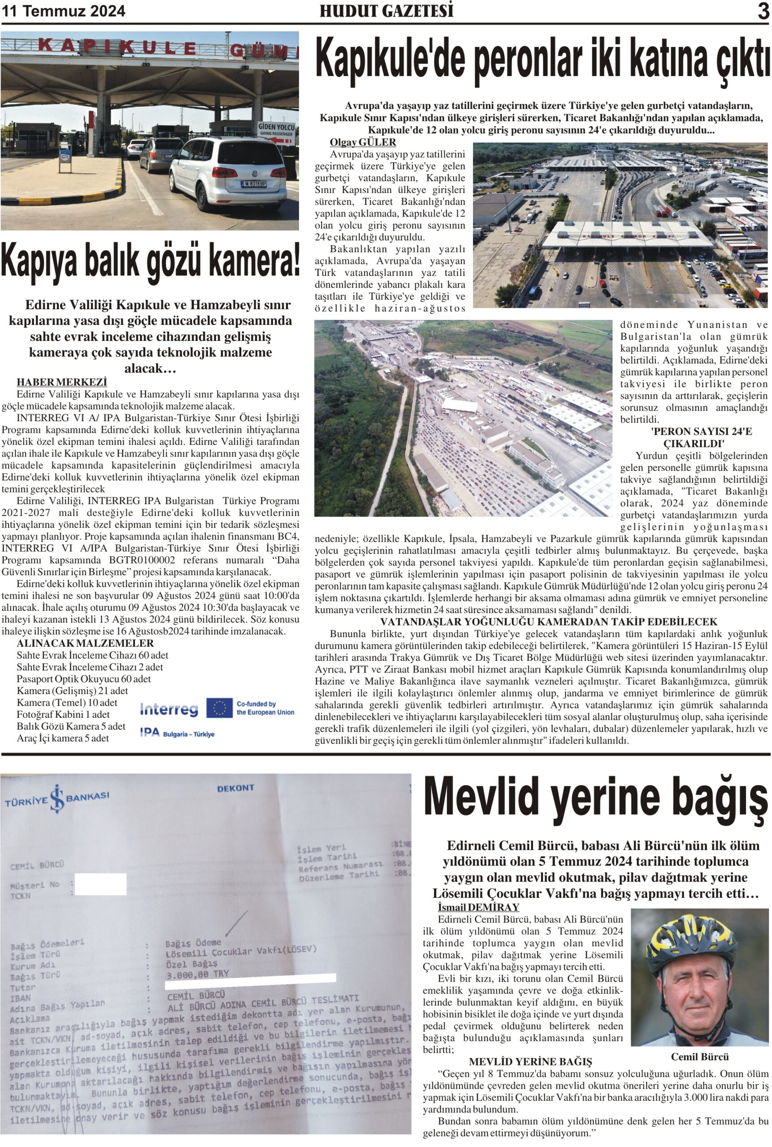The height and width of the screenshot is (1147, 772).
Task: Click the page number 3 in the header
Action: point(763,11)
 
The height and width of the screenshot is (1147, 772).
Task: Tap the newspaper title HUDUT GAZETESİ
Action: point(386,11)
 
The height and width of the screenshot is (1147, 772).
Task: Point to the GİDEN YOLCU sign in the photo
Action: point(277,129)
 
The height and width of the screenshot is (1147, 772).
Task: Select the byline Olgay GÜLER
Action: point(362,142)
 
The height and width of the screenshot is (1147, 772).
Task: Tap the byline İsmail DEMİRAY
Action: point(478,907)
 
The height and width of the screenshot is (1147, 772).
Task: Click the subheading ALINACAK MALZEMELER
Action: point(85,643)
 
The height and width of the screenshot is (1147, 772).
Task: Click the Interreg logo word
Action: point(169,709)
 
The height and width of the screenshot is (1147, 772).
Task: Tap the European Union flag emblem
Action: point(219,707)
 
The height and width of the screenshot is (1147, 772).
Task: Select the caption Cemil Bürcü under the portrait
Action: point(700,1056)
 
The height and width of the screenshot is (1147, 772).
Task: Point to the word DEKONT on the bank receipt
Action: point(235,788)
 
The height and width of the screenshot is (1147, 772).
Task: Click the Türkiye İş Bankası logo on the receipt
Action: point(57,799)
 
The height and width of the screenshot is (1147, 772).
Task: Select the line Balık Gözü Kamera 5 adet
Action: point(70,726)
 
